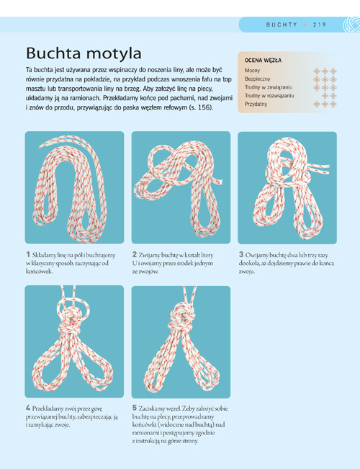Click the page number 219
320,24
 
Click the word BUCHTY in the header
282,24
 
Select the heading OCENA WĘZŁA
263,61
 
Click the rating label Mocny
252,71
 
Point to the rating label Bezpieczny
258,79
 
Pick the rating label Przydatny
256,104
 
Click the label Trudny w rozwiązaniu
269,96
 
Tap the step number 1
28,254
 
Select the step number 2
135,254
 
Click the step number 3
241,254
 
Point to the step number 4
28,408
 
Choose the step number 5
135,408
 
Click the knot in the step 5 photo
181,318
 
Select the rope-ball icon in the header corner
351,24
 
